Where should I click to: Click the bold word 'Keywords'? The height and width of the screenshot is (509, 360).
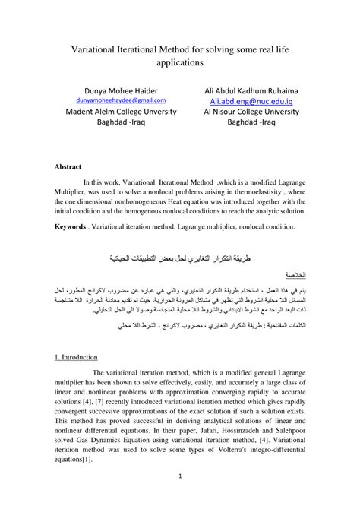click(x=69, y=226)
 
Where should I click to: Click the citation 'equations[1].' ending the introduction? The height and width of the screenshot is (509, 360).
click(x=77, y=459)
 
